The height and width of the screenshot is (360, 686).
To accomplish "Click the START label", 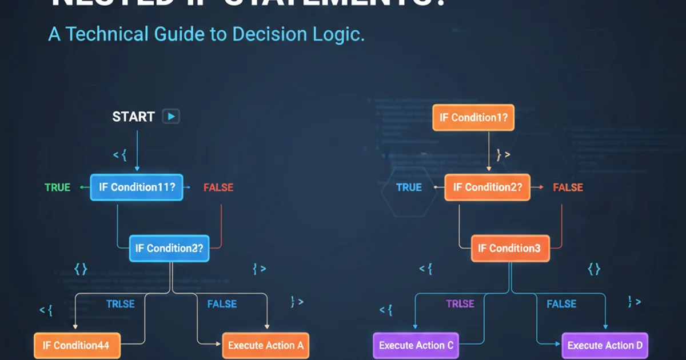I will click(133, 117).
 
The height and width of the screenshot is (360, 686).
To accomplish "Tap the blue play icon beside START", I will click(171, 117).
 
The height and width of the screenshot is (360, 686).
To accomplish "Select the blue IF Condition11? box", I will click(137, 187).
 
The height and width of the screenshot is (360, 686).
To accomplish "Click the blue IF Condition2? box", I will click(169, 248).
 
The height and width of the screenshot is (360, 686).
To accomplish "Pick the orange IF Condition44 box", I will click(77, 345).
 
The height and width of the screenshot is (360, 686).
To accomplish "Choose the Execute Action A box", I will click(265, 345).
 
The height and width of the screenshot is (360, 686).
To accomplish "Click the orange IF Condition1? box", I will click(473, 118).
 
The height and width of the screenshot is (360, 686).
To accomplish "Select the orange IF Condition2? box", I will click(487, 187).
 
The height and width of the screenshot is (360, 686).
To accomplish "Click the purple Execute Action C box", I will click(416, 345).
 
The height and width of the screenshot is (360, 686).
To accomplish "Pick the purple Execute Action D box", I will click(604, 345).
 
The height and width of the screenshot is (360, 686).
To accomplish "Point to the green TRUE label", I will click(57, 187).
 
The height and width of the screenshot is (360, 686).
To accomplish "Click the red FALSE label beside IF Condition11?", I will click(218, 187).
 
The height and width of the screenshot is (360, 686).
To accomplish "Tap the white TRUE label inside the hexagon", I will click(409, 187).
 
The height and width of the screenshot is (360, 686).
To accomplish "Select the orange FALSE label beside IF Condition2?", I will click(568, 187).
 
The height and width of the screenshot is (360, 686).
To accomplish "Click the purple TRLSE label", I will click(460, 303).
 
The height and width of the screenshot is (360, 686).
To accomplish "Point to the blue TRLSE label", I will click(121, 303).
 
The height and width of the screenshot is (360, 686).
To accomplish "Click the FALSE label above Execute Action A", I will click(222, 303).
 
